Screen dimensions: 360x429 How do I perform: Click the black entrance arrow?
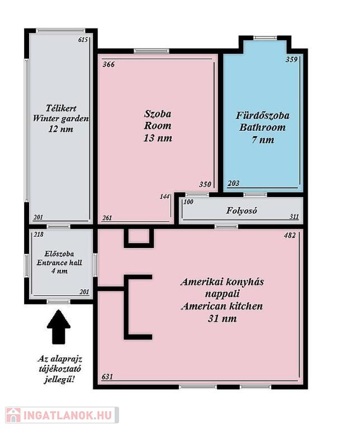click(x=59, y=327)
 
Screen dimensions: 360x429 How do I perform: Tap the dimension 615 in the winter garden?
click(x=83, y=40)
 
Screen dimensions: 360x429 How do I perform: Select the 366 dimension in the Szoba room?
click(x=108, y=65)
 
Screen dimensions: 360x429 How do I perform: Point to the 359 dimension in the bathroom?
click(x=292, y=59)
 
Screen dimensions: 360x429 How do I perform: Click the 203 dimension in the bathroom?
click(x=233, y=183)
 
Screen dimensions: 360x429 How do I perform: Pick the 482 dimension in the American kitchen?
click(x=290, y=235)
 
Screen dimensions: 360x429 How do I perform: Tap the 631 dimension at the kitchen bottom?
click(x=107, y=376)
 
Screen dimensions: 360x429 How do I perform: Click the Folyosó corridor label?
click(x=241, y=211)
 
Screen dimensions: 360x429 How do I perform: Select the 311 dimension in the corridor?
click(x=294, y=217)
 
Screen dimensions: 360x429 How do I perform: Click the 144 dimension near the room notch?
click(x=164, y=197)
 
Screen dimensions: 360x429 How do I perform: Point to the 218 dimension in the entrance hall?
click(x=39, y=235)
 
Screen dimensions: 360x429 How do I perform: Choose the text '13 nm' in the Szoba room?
click(x=158, y=138)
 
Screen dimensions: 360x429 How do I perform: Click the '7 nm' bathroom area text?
click(x=263, y=140)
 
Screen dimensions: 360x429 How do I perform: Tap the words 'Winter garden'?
click(x=61, y=118)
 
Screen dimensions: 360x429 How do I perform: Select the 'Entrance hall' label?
click(x=59, y=263)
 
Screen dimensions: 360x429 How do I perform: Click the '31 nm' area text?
click(x=222, y=318)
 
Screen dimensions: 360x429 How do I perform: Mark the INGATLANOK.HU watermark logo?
click(x=62, y=415)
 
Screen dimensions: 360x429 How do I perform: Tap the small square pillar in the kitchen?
click(x=139, y=237)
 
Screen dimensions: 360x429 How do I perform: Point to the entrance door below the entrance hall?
click(x=58, y=302)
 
